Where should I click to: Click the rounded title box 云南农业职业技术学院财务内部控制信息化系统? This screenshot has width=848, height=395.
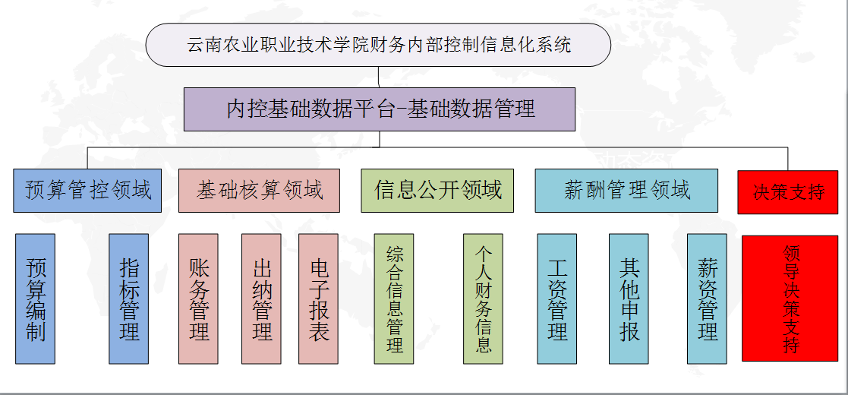[378, 45]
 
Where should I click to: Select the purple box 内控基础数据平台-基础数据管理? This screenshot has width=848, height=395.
[379, 109]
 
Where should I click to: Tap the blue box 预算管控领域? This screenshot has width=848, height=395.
[87, 191]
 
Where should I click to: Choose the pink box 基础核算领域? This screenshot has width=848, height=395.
[259, 191]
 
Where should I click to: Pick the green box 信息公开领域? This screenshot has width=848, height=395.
[437, 191]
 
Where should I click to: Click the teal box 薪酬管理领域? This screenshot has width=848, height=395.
[626, 191]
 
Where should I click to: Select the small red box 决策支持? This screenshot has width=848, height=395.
[788, 192]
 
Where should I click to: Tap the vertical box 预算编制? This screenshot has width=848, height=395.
[35, 299]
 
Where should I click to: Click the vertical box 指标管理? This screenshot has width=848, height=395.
[129, 299]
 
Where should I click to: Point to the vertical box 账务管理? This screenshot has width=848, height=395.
[198, 299]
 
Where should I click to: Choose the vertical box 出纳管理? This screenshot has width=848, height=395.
[261, 299]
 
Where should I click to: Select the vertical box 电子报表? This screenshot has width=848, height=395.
[319, 299]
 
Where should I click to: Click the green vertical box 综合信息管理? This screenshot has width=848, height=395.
[394, 299]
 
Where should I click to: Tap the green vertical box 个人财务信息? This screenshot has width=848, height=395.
[483, 299]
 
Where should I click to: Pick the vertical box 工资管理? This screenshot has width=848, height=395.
[557, 299]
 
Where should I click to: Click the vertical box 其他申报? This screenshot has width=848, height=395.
[629, 299]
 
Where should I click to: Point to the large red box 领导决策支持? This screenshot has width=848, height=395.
[790, 298]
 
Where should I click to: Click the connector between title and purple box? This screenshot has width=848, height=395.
[379, 77]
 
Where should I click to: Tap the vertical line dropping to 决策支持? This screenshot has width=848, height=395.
[788, 159]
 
